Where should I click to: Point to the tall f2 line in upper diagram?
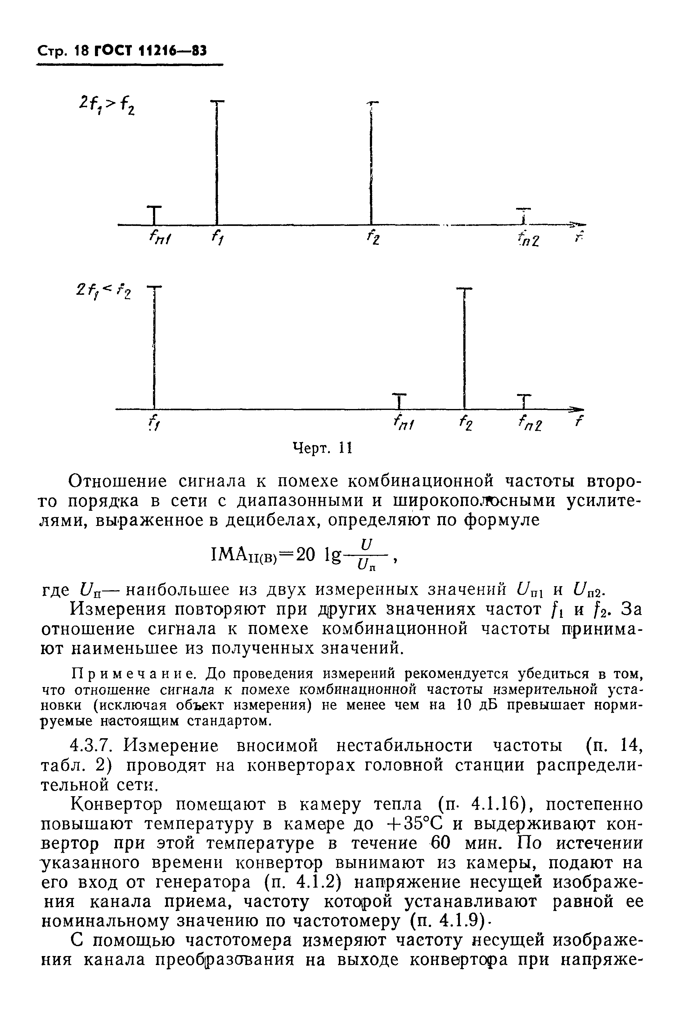371,162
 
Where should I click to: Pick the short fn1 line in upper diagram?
154,215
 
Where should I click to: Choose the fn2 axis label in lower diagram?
530,424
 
